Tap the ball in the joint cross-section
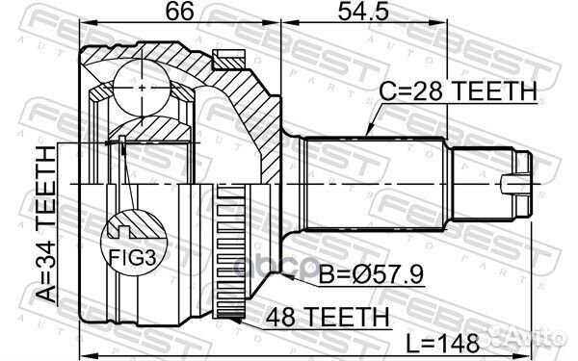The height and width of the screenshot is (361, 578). click(143, 88)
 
